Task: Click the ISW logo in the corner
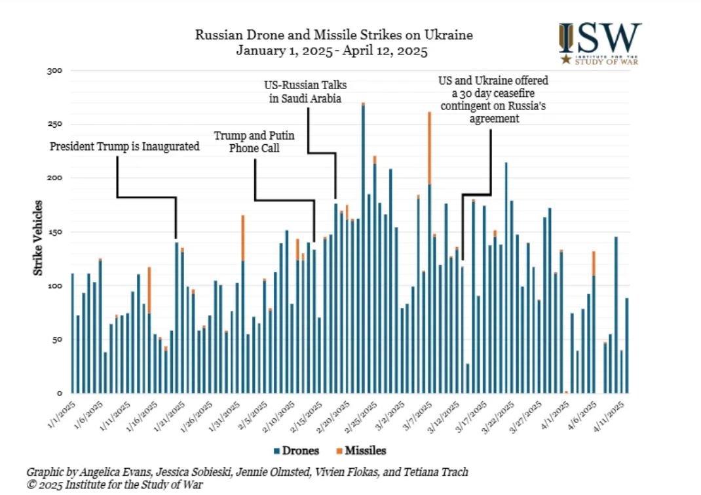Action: pos(599,43)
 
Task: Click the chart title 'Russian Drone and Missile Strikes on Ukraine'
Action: pos(334,35)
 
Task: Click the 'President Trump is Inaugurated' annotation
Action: pos(124,147)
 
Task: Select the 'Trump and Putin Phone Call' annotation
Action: pos(255,142)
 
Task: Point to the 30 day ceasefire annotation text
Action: pos(492,99)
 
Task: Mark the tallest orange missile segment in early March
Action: pos(429,148)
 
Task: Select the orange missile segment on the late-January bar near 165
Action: pos(242,238)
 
